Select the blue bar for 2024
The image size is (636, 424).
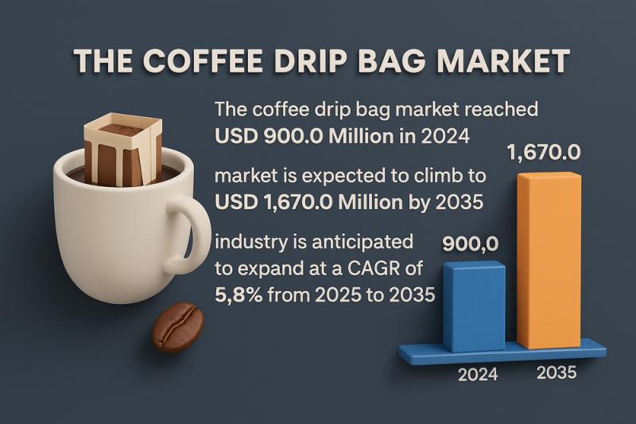point(473,306)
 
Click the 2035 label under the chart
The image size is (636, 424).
point(555,371)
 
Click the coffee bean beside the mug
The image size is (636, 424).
point(177,327)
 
